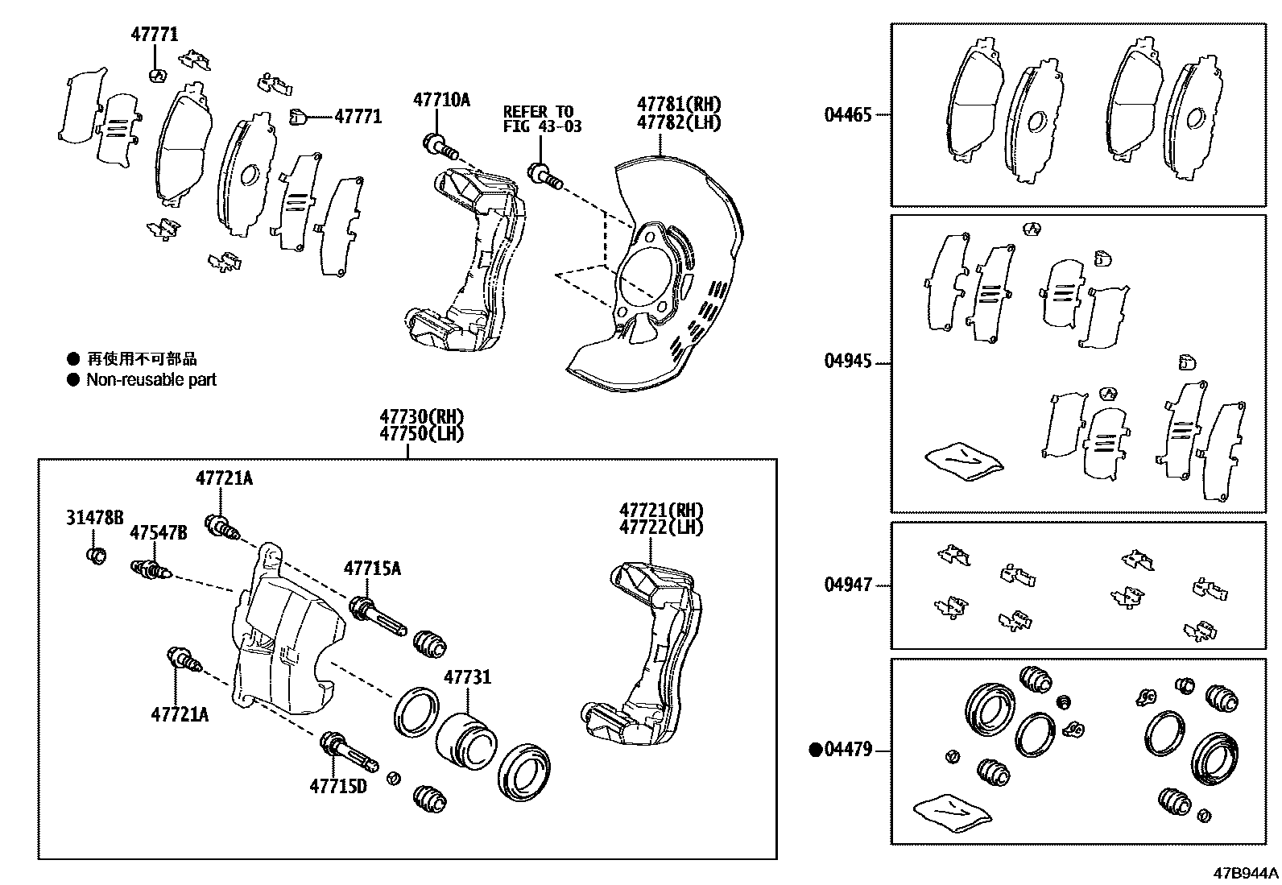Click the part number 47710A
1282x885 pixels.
(440, 100)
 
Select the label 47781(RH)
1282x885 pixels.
(678, 104)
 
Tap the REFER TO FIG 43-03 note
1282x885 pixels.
(542, 119)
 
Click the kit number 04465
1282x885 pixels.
(847, 115)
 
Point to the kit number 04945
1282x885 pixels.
(847, 362)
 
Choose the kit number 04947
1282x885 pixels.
(847, 585)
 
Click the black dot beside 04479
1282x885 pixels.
(815, 751)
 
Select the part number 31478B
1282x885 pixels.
(94, 518)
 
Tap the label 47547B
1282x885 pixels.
(159, 533)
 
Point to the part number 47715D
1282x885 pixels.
(337, 786)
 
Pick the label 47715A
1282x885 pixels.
(372, 569)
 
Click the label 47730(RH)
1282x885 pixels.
(422, 416)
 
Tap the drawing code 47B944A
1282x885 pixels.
(1246, 873)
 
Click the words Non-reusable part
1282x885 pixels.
(151, 380)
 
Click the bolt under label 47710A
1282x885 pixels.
(439, 147)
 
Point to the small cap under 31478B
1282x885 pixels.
(96, 555)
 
